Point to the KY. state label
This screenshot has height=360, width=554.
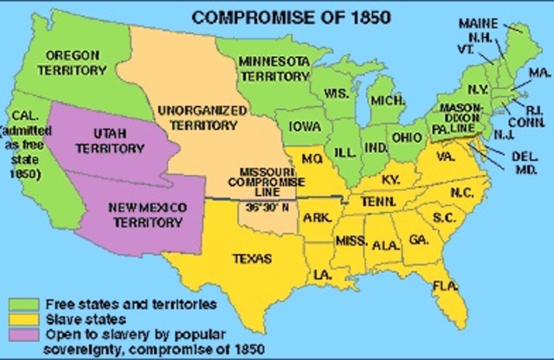coord(388,183)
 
